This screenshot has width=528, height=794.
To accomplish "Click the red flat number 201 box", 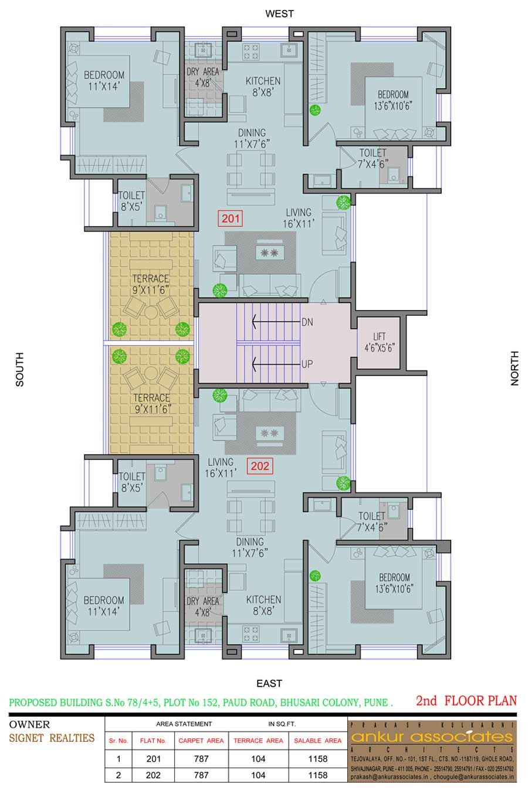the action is (231, 218).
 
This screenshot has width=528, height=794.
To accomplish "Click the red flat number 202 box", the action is (260, 466).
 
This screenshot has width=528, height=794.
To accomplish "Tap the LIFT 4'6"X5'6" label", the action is (380, 342).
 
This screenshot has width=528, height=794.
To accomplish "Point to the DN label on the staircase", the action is (307, 322).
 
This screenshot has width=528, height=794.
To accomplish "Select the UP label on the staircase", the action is (307, 364).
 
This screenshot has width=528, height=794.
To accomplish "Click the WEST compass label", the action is (280, 14).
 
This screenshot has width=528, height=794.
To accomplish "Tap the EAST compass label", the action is (269, 683).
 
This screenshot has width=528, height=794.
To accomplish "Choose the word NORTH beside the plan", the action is (515, 369).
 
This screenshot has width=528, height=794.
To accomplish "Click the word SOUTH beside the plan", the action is (19, 369).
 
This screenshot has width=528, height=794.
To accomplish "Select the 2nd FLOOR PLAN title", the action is (466, 701).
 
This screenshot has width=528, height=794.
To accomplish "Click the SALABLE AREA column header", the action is (317, 741).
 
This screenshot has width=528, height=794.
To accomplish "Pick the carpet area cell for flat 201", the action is (201, 759).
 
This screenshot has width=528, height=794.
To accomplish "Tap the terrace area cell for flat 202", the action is (258, 775).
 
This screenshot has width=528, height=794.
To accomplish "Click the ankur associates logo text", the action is (432, 737).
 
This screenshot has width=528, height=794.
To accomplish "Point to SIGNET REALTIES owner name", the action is (52, 738).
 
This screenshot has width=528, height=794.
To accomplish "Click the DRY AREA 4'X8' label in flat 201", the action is (202, 77).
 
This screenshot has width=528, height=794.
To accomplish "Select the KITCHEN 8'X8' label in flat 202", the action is (263, 605).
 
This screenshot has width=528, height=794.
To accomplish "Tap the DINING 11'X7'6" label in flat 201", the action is (252, 138).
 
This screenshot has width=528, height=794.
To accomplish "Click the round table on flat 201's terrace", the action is (151, 312).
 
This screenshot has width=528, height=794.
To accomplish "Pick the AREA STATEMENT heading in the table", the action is (184, 724).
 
